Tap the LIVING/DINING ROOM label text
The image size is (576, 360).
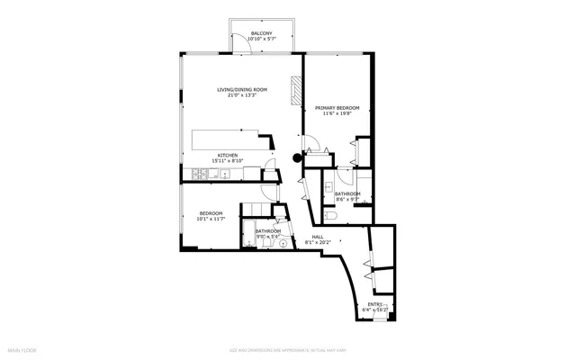point(242,89)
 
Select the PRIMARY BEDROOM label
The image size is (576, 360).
point(337,107)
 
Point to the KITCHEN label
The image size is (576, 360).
point(227,155)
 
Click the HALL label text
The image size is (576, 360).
point(318,237)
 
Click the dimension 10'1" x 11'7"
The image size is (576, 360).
point(211,219)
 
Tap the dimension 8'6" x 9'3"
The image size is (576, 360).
point(347,200)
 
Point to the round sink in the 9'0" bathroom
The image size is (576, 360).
point(283,242)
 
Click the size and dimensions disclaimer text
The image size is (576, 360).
point(287,349)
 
